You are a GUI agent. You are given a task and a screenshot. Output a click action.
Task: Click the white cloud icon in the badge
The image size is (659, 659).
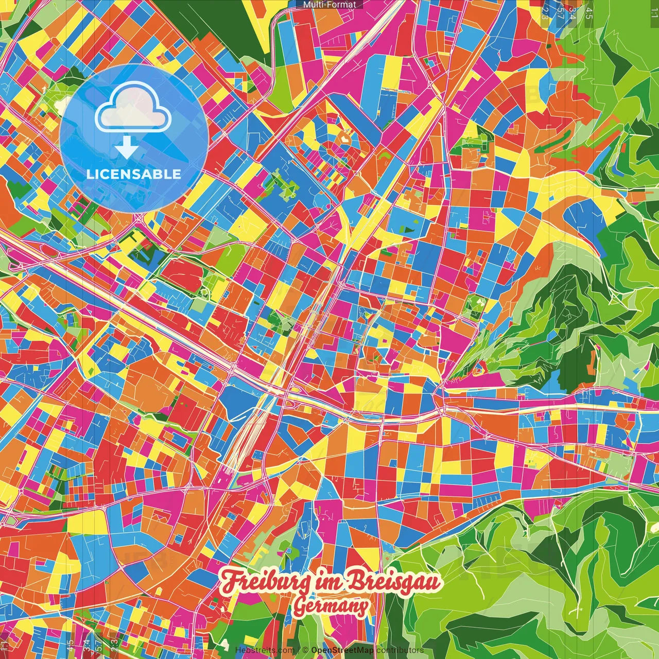tap(133, 107)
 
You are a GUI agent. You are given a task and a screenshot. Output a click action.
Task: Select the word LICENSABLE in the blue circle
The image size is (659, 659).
tap(134, 174)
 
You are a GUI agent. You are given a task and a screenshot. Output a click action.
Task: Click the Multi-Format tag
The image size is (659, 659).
tap(329, 5)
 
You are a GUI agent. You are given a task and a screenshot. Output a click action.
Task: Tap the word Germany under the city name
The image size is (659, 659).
tap(331, 606)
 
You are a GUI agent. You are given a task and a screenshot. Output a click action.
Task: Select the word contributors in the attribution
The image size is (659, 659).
tap(400, 650)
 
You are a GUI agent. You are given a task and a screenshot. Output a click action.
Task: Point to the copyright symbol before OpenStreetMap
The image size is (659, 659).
tap(305, 650)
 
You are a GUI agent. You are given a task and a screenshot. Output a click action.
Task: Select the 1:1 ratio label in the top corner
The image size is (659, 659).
tap(654, 10)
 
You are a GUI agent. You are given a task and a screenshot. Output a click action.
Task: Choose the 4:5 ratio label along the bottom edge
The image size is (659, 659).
tap(70, 645)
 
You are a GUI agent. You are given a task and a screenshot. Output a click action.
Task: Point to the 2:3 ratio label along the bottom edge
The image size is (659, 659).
tap(114, 645)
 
